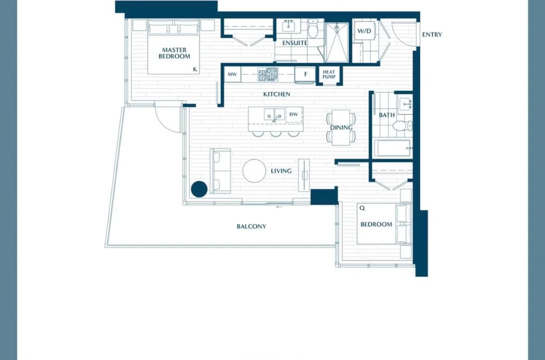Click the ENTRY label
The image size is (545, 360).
click(432, 34)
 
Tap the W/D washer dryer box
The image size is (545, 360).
click(364, 31)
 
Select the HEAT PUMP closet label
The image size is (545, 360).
click(329, 74)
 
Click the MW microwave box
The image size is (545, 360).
click(232, 74)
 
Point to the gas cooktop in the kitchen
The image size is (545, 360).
click(267, 75)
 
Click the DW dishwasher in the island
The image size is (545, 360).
click(294, 115)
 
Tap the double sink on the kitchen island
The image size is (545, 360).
click(274, 114)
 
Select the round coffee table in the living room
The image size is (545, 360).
click(254, 171)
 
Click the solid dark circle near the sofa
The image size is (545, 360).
click(199, 189)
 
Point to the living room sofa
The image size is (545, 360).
click(221, 171)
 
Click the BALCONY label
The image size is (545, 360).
click(251, 227)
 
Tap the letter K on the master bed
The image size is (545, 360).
click(195, 69)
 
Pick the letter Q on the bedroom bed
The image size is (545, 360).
click(362, 208)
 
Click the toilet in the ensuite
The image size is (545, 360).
click(313, 28)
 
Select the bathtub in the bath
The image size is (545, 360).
click(393, 148)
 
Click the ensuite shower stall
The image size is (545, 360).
click(337, 43)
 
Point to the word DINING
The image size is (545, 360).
click(341, 128)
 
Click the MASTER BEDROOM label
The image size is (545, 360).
click(174, 53)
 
